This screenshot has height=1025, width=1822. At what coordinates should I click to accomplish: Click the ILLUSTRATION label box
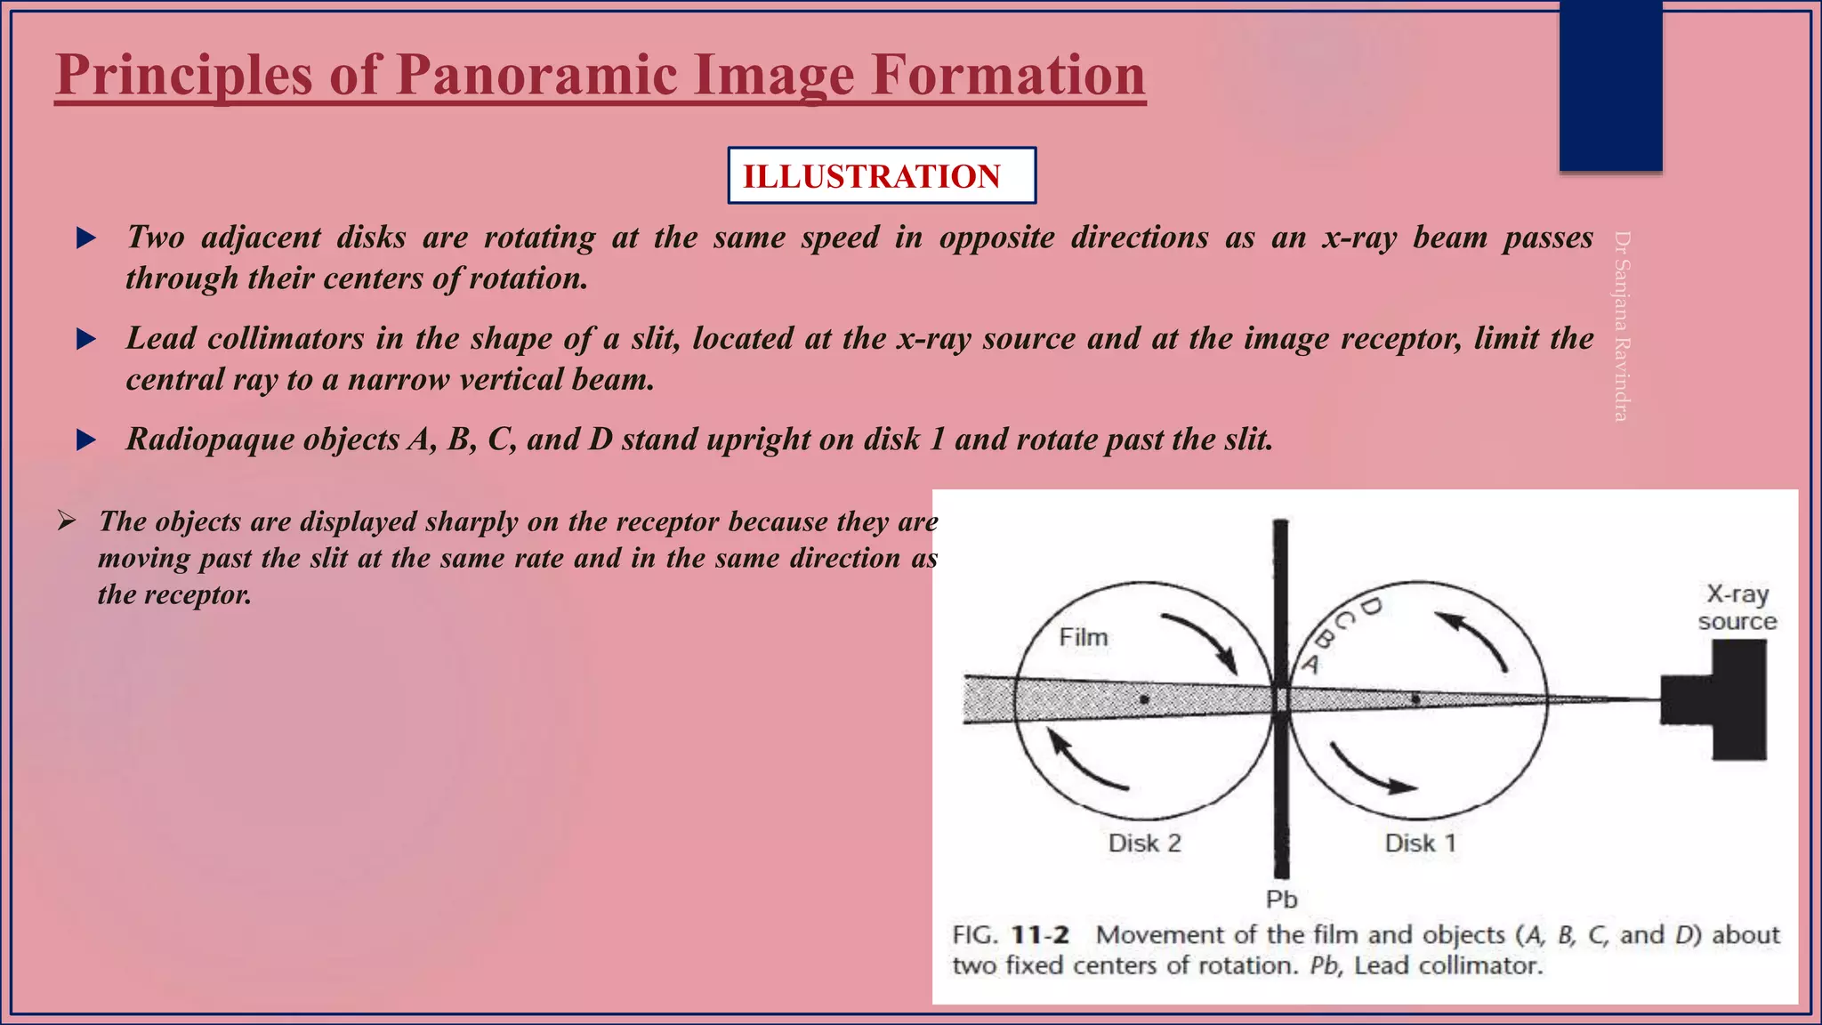point(881,176)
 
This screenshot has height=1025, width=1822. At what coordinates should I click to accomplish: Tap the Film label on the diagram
point(1083,637)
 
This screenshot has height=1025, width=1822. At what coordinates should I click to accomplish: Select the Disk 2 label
point(1144,843)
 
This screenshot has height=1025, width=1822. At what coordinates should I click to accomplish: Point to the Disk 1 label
point(1420,843)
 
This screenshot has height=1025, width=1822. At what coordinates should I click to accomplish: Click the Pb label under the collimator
point(1281,900)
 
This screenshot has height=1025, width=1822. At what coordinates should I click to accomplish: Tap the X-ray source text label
point(1737,607)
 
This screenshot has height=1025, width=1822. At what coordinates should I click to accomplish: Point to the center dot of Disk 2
point(1144,699)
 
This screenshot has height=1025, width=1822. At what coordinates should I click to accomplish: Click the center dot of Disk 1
point(1415,699)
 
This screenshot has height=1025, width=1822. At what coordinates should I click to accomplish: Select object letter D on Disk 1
point(1371,607)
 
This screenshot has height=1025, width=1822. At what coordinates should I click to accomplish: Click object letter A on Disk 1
point(1310,664)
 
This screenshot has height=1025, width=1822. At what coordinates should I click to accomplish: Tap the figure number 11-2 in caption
point(1040,935)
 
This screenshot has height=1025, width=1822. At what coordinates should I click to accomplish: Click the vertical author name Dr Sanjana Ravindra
point(1622,326)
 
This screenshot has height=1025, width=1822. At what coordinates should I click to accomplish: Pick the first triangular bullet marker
point(86,238)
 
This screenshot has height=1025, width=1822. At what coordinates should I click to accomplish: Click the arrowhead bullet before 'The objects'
point(67,521)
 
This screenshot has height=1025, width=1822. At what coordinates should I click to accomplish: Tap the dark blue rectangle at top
point(1610,85)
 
